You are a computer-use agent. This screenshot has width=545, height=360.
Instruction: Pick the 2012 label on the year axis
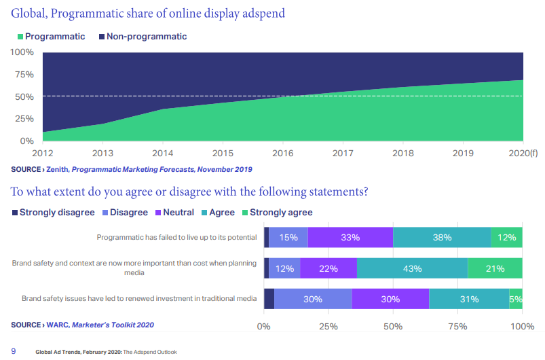(x=42, y=154)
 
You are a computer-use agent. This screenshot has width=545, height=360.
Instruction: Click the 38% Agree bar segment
(x=442, y=238)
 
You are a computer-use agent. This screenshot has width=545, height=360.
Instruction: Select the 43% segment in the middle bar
(x=412, y=268)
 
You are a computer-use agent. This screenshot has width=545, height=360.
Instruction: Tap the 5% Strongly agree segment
(x=516, y=299)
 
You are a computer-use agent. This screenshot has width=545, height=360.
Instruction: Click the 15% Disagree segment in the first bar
(x=288, y=238)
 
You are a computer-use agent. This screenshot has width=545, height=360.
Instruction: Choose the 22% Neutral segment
(x=328, y=268)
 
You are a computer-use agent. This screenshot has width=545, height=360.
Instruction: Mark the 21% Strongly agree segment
(x=495, y=268)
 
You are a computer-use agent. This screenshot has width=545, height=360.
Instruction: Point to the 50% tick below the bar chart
(x=394, y=327)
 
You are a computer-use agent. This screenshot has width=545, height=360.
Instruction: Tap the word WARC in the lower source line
(x=57, y=325)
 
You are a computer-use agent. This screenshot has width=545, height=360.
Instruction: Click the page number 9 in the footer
(x=14, y=350)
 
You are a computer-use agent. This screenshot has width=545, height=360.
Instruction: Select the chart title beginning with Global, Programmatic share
(x=147, y=13)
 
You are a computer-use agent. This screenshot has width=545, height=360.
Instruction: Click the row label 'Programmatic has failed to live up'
(x=177, y=238)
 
